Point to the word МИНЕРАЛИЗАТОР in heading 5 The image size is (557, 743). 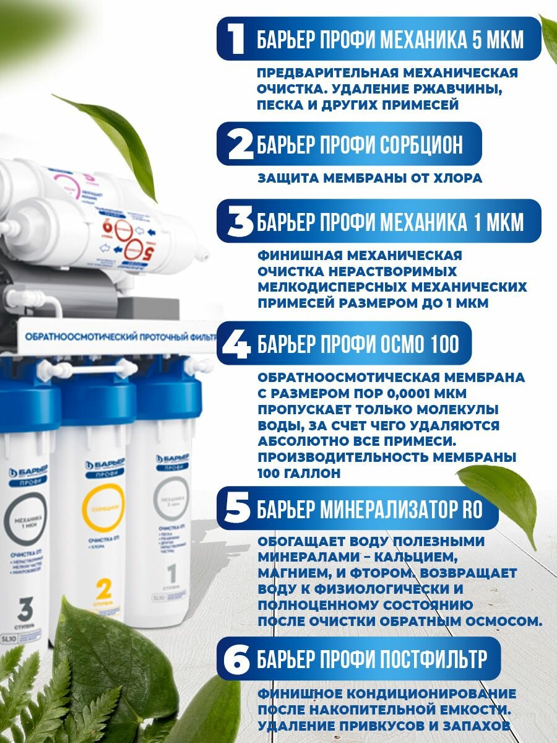pos(386,510)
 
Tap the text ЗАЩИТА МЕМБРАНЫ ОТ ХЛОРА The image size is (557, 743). pos(369,179)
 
